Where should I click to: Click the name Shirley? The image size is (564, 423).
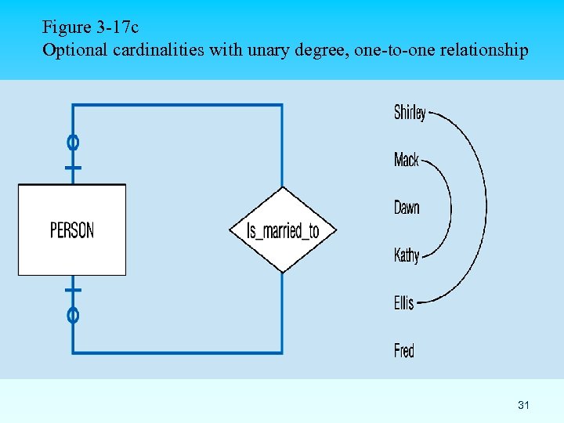[x=410, y=113]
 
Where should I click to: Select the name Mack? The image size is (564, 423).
[x=407, y=161]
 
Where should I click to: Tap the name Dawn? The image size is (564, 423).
[x=407, y=208]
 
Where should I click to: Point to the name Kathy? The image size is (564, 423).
[x=407, y=255]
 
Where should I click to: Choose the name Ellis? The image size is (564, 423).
[x=403, y=302]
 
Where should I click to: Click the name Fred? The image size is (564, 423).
[x=404, y=350]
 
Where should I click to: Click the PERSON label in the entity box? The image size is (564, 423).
[x=72, y=230]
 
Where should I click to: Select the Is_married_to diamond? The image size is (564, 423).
[x=283, y=230]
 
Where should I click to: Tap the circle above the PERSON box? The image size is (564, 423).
[x=73, y=143]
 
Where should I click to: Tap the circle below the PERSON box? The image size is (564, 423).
[x=73, y=316]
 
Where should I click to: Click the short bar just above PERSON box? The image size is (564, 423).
[x=73, y=168]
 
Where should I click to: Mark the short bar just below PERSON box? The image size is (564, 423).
[x=73, y=290]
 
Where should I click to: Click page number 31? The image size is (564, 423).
[x=524, y=405]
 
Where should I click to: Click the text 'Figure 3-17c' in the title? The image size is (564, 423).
[x=91, y=27]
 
